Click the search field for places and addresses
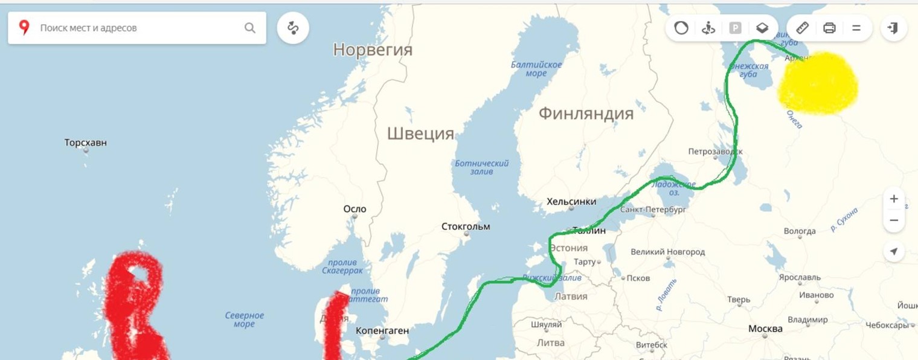point(139,28)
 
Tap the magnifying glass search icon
point(249,28)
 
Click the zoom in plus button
point(894,199)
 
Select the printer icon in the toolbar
point(829,28)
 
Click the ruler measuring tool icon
point(802,28)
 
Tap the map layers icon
point(762,28)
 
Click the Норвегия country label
point(373,50)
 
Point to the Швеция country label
point(420,133)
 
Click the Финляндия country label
point(586,113)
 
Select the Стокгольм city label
point(466,227)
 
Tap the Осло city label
point(355,209)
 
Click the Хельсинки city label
point(571,202)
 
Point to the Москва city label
point(765,329)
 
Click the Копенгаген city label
point(382,331)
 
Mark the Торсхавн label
point(86,143)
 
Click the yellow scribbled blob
point(818,83)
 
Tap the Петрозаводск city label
point(716,152)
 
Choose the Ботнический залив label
point(481,167)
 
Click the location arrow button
point(894,251)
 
